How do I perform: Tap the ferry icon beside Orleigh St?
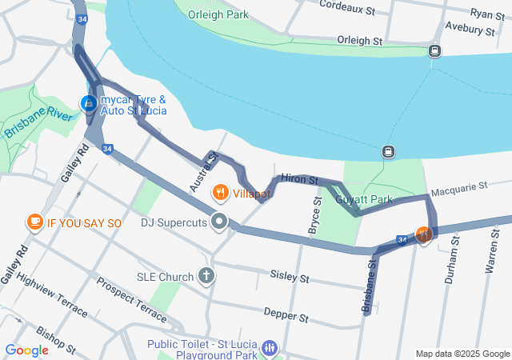coord(434,50)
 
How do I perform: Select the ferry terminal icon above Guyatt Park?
coord(388,151)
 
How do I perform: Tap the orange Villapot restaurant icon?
coord(220,193)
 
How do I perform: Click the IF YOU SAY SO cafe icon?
coord(34,222)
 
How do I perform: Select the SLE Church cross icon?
coord(206,277)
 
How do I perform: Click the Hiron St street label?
coord(300,181)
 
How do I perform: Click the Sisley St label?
coord(289,278)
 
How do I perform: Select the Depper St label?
coord(286,318)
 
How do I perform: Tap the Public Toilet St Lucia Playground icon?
coord(271,348)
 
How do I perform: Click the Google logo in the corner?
coord(26,350)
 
